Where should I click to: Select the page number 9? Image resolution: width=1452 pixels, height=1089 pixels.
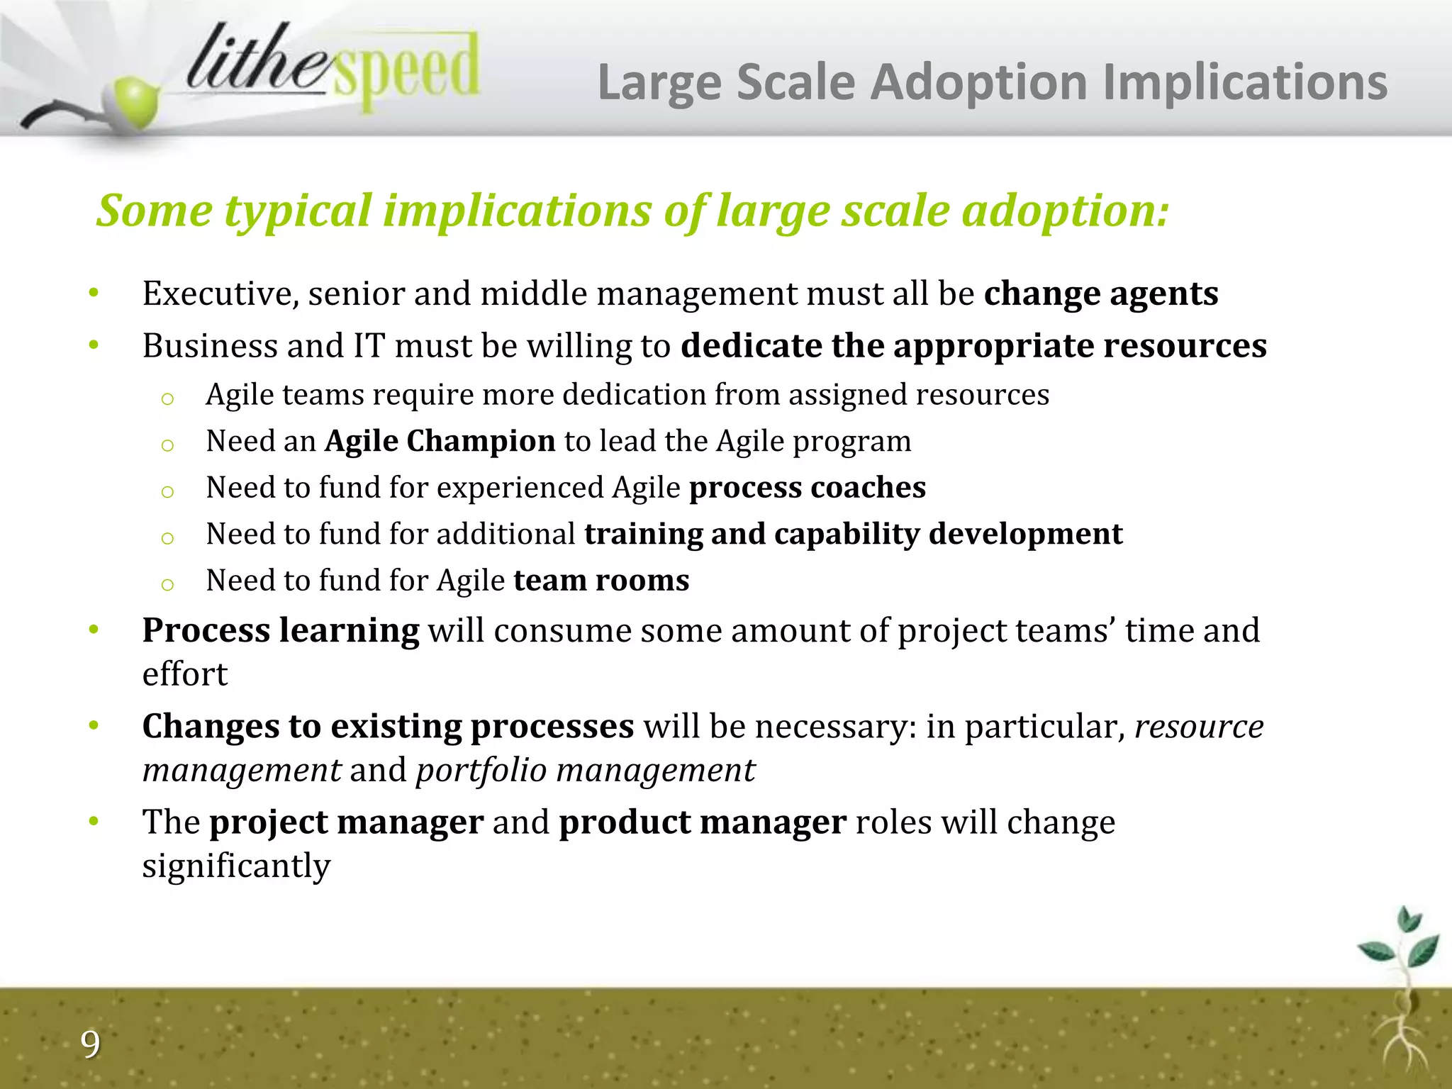(x=90, y=1044)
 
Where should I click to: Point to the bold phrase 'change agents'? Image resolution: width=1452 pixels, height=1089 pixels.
(x=1100, y=294)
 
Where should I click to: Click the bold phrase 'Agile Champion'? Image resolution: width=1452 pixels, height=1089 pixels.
(x=440, y=441)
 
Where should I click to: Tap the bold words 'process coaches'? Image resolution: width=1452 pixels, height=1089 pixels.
(x=807, y=488)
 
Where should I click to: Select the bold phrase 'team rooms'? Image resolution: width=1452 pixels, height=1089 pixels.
(x=601, y=581)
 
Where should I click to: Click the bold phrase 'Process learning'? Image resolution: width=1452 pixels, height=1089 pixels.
(x=280, y=630)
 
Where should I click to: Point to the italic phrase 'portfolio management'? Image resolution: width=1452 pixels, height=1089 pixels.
(x=585, y=770)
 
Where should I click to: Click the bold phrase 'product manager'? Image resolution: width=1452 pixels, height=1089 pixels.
(x=702, y=822)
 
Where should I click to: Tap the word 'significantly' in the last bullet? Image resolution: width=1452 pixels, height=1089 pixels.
(x=236, y=866)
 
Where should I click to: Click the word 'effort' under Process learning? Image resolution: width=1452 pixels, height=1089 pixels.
(x=184, y=674)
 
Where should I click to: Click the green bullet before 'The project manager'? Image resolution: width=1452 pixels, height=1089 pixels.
(x=94, y=822)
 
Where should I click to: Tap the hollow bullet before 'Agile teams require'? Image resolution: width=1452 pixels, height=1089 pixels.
(x=167, y=398)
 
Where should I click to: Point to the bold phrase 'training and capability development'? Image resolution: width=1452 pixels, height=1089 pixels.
(x=853, y=534)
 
